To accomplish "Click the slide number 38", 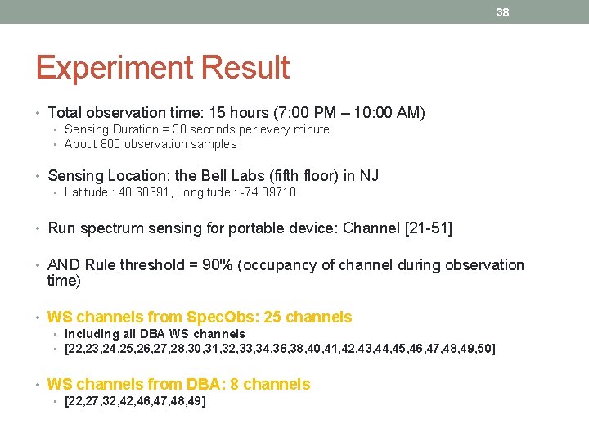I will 502,12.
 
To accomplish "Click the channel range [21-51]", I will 429,228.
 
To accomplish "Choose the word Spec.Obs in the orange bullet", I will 215,318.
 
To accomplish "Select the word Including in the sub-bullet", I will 91,334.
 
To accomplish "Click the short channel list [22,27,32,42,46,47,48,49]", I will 135,401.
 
